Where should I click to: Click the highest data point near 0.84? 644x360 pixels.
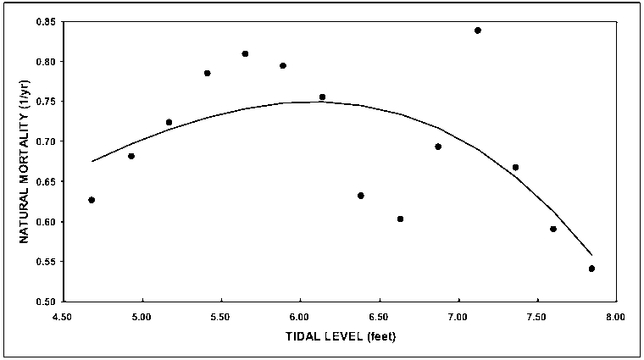click(x=478, y=30)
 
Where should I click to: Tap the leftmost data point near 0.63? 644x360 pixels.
click(x=92, y=200)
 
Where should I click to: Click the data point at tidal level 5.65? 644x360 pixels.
click(x=245, y=53)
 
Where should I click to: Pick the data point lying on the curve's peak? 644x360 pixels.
click(x=322, y=97)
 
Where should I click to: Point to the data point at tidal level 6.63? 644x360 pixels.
click(x=400, y=219)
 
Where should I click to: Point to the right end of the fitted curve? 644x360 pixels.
click(x=591, y=254)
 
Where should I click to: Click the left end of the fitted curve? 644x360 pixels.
click(x=92, y=161)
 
